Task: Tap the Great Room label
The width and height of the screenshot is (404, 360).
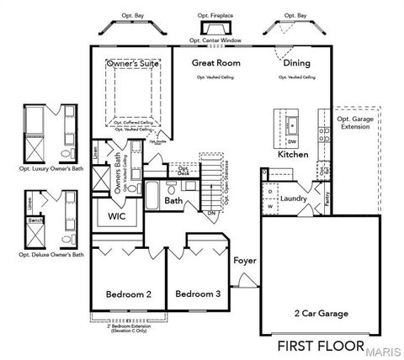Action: click(x=215, y=63)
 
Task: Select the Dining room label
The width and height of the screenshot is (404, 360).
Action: click(x=296, y=63)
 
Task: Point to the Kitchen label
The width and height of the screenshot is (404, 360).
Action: click(x=293, y=156)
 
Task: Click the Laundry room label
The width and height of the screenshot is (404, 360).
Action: click(x=294, y=199)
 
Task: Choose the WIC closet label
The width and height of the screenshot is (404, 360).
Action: click(x=117, y=216)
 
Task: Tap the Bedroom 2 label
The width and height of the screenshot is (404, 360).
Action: click(x=129, y=294)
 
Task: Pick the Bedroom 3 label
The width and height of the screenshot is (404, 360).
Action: click(x=198, y=294)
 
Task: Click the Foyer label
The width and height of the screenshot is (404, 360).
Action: click(x=245, y=261)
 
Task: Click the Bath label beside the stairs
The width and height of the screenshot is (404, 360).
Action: click(x=173, y=201)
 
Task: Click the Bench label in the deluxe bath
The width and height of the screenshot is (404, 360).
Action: click(x=36, y=220)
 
